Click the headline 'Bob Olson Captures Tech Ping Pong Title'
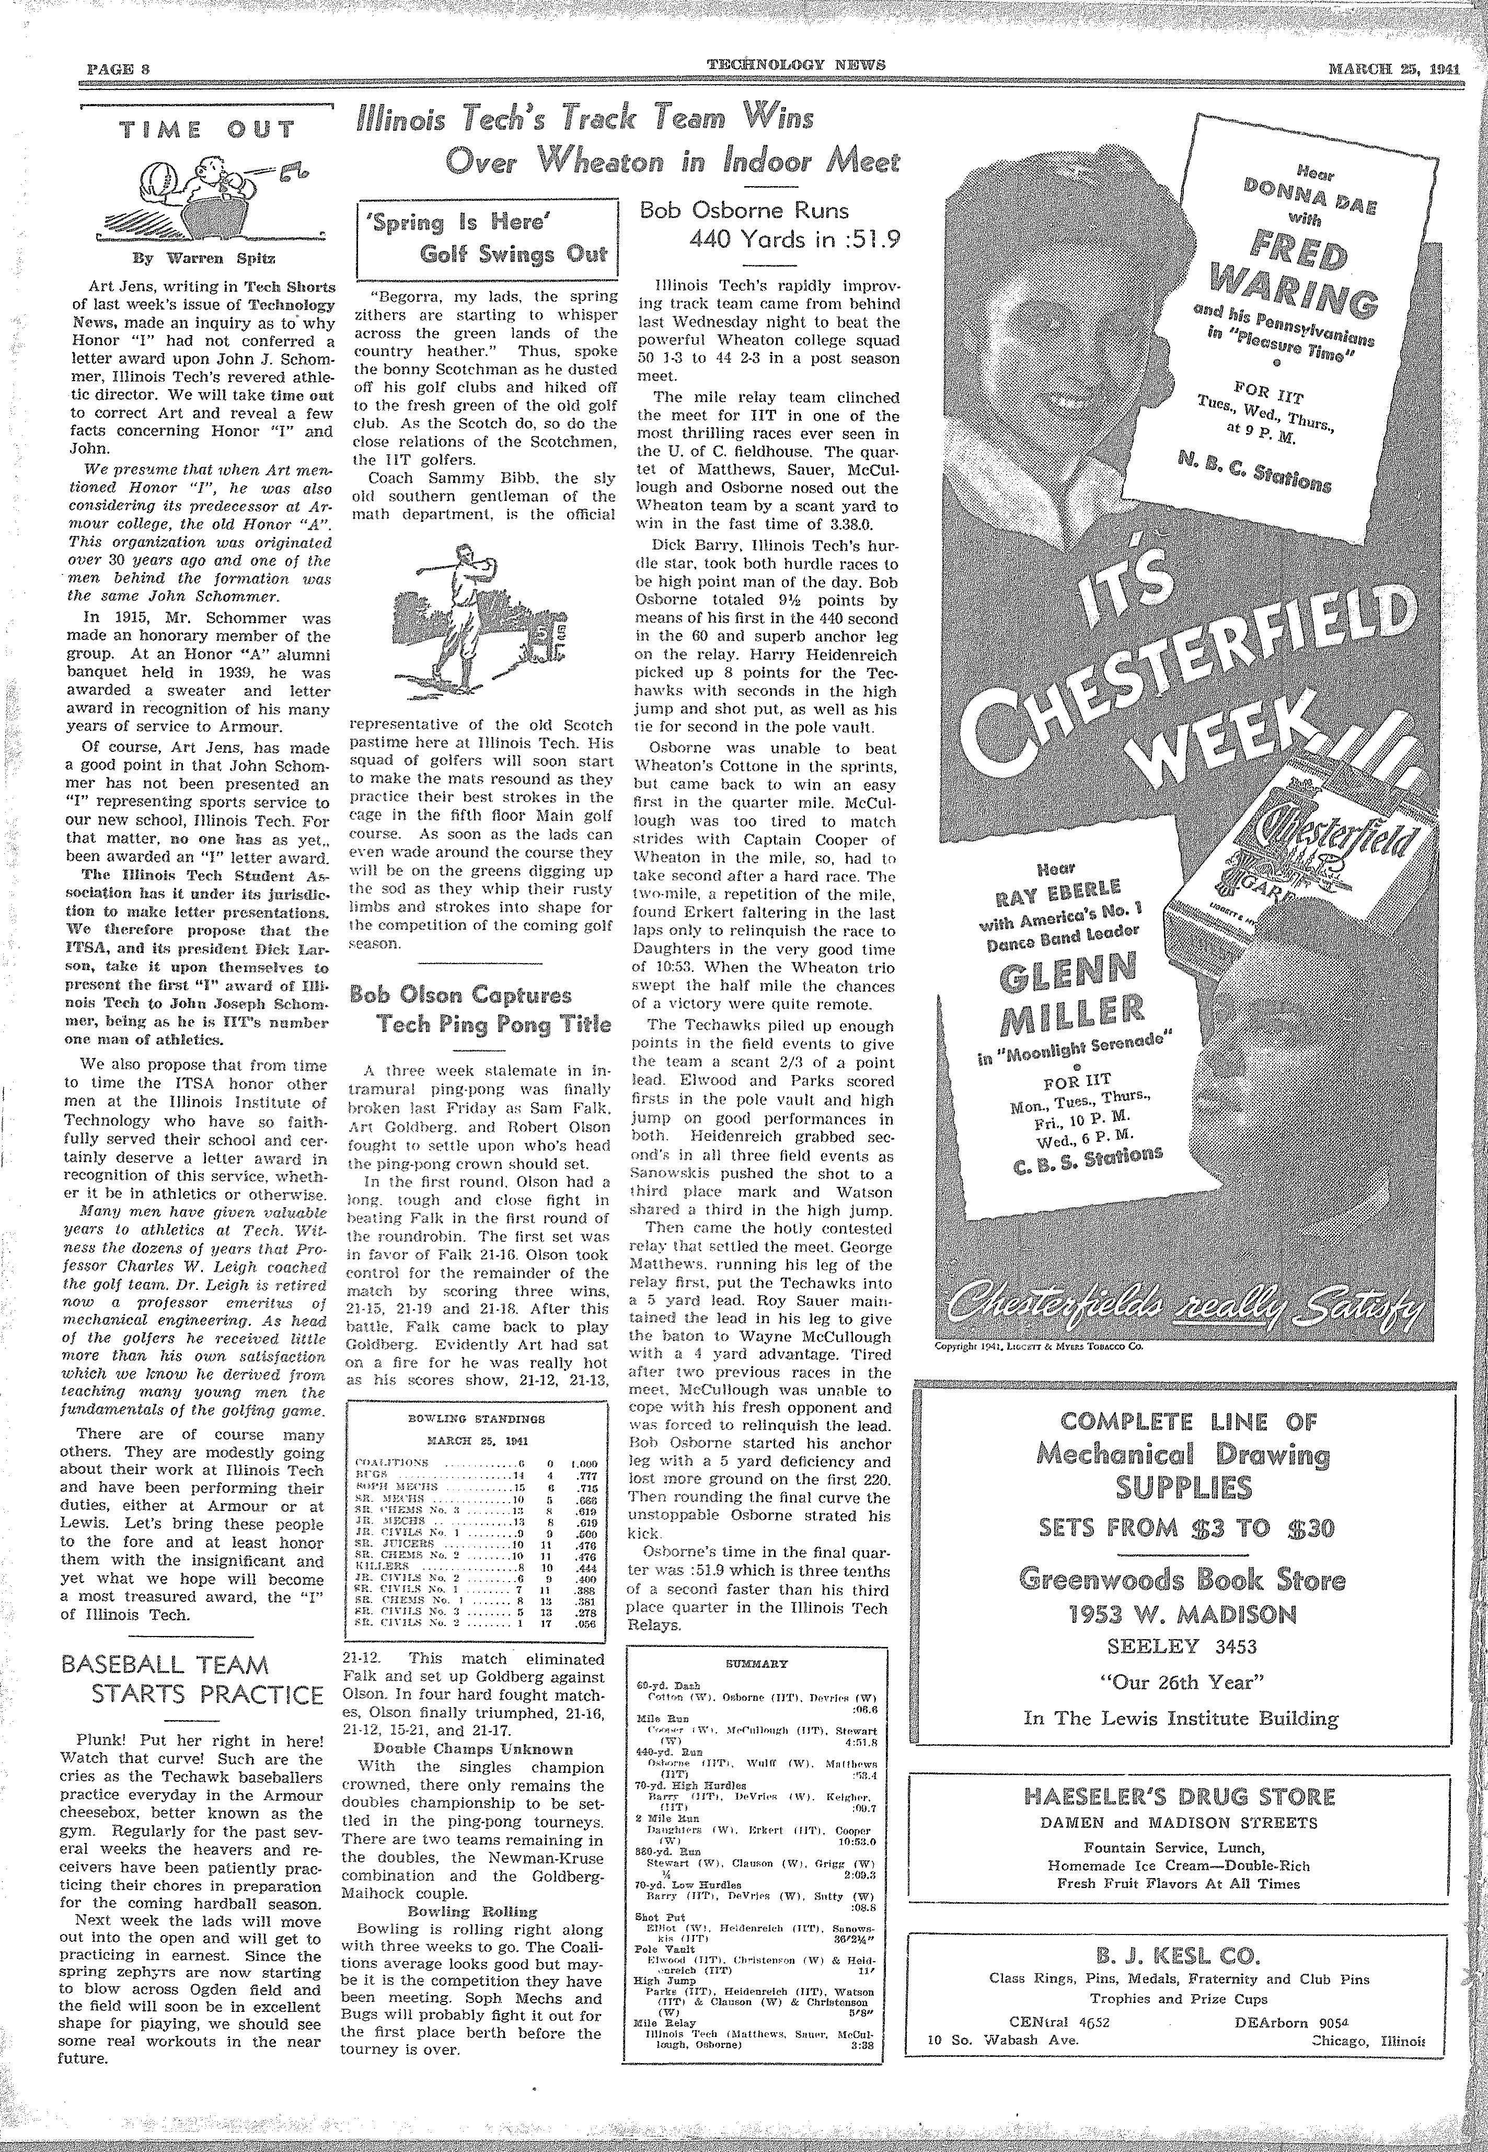click(x=481, y=1009)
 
